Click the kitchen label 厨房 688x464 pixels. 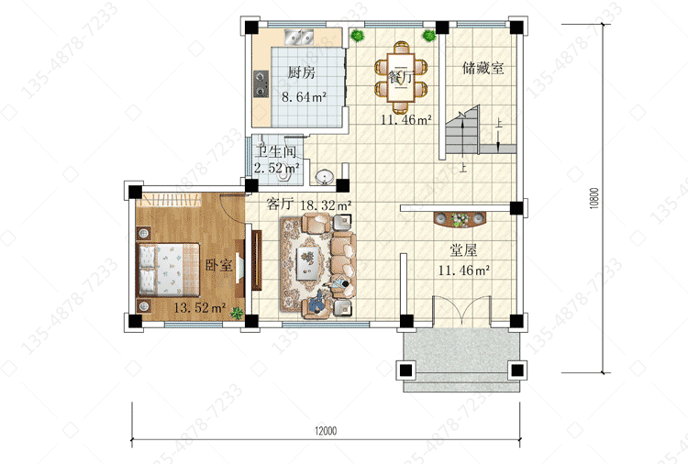tap(302, 72)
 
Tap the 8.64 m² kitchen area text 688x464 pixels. tap(304, 96)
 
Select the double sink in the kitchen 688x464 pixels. tap(299, 38)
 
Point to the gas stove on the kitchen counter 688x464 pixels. tap(261, 83)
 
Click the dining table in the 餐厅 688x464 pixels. tap(401, 77)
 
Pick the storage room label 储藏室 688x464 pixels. tap(483, 68)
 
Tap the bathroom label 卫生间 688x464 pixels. tap(276, 151)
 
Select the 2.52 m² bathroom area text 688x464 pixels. tap(276, 168)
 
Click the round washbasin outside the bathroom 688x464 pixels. tap(324, 177)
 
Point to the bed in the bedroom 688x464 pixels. tap(169, 270)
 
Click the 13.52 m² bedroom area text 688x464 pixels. tap(200, 307)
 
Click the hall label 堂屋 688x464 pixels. tap(463, 250)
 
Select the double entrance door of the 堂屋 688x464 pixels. tap(461, 311)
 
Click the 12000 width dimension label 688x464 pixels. tap(326, 431)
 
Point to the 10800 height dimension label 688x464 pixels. tap(594, 198)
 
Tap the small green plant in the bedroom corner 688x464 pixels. tap(237, 313)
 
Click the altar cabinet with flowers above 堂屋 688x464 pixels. tap(460, 219)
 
